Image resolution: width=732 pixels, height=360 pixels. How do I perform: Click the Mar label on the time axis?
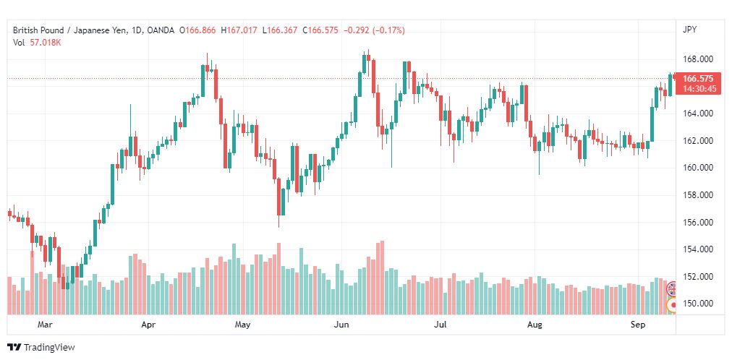point(45,325)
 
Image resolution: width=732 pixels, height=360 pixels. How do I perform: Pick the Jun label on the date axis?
point(341,325)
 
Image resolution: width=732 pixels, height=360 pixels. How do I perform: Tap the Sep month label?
point(637,325)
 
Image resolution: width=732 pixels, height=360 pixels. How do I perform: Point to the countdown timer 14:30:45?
point(699,88)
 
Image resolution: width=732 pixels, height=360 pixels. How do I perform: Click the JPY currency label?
point(689,30)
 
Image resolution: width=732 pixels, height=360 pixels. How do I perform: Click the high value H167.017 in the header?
point(239,30)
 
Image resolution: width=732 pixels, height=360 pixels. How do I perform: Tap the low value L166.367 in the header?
point(280,30)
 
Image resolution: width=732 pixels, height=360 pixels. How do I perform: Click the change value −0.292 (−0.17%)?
point(374,30)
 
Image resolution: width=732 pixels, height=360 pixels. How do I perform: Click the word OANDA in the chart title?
point(160,30)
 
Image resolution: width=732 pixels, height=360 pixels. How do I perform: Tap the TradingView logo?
point(41,348)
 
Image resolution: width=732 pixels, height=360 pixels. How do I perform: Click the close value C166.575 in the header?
point(320,30)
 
